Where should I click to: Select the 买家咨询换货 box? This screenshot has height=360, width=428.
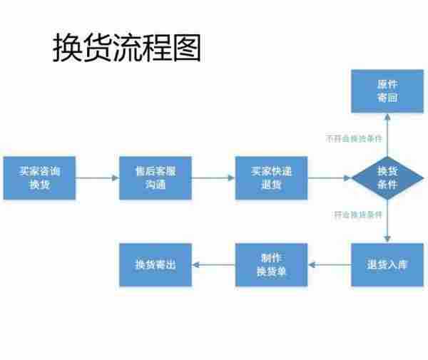[x=39, y=178]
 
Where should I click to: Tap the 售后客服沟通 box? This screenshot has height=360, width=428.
[x=155, y=178]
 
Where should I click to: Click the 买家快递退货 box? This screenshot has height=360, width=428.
[x=271, y=178]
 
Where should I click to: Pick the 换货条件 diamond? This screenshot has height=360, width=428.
[x=387, y=178]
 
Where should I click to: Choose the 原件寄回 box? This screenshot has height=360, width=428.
[x=387, y=91]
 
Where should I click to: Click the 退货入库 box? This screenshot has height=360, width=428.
[x=387, y=265]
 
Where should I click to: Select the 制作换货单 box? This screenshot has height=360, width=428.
[x=271, y=265]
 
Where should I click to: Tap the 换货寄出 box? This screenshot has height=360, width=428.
[x=155, y=265]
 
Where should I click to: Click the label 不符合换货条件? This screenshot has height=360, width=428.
[x=354, y=138]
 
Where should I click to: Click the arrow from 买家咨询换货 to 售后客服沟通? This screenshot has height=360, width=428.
[x=96, y=178]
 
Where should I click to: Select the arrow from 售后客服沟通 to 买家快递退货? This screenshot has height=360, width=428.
[x=213, y=178]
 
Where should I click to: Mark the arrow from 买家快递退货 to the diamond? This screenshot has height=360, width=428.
[x=329, y=178]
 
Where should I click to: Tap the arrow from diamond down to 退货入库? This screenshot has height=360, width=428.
[x=387, y=222]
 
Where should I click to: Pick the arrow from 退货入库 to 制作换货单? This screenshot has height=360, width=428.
[x=329, y=265]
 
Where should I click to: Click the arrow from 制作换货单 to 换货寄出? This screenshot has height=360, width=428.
[x=213, y=265]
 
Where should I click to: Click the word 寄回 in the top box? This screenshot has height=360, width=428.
[x=387, y=98]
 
